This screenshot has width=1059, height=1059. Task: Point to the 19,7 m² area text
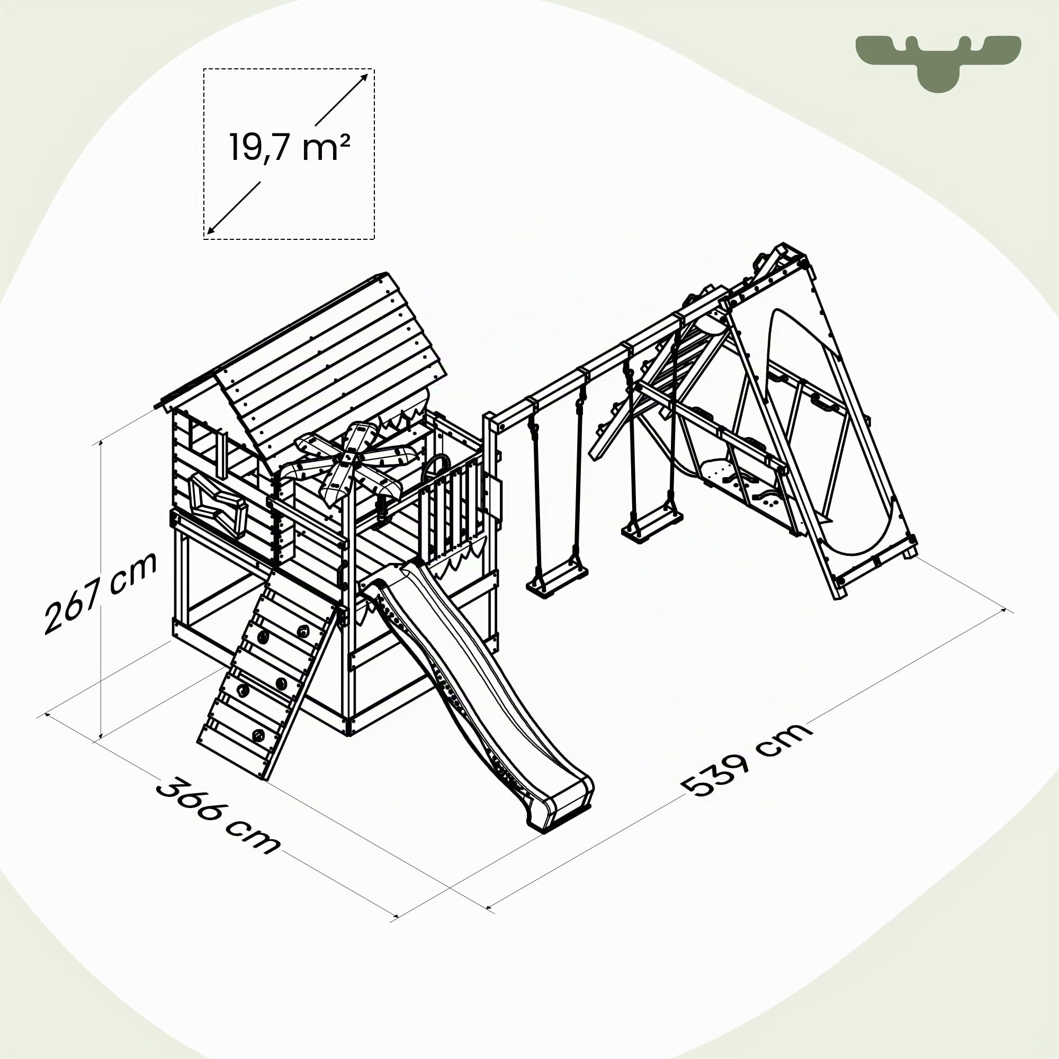[290, 147]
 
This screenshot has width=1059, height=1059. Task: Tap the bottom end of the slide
[559, 811]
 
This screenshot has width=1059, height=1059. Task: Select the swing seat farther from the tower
[652, 525]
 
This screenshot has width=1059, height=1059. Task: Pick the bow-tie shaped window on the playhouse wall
[217, 504]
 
